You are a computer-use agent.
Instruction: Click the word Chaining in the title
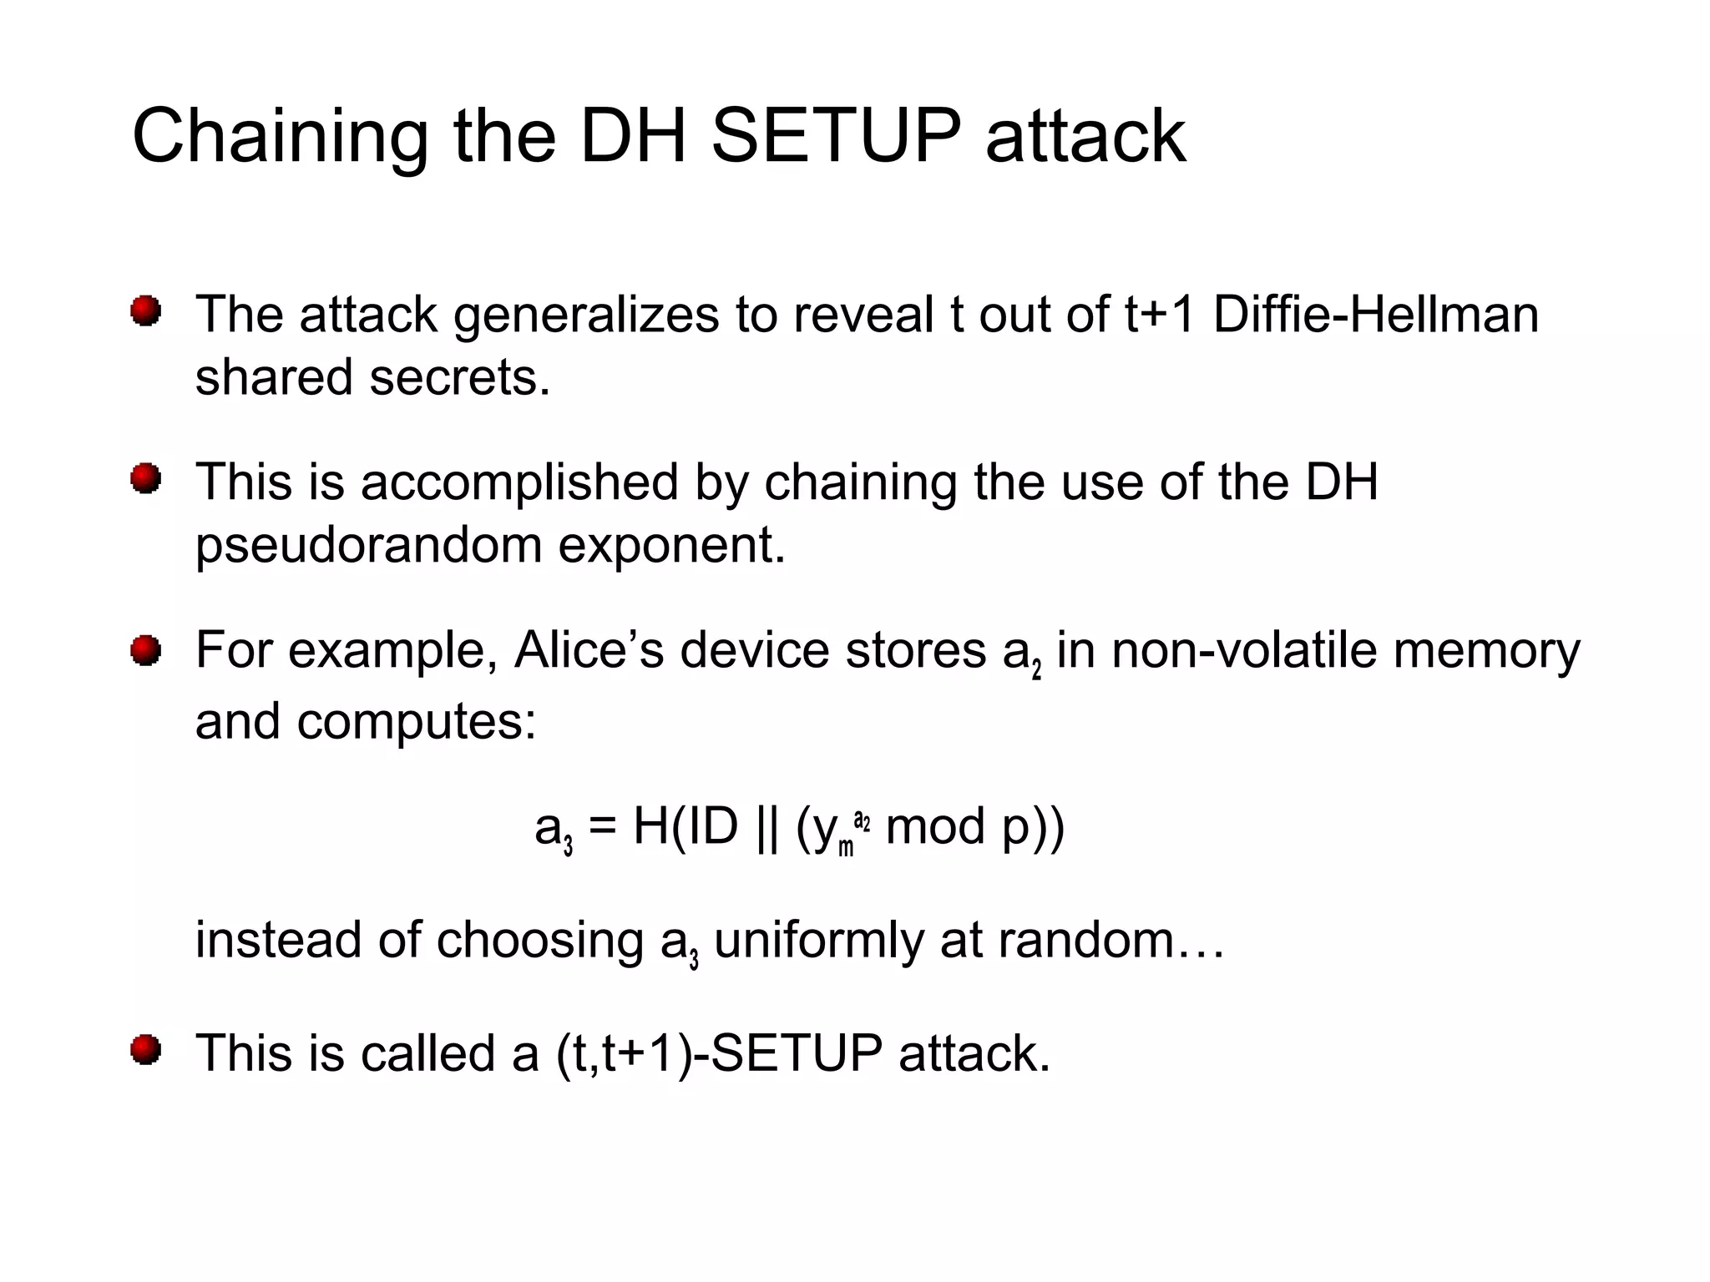(x=280, y=138)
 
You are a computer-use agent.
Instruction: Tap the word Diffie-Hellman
(x=1375, y=315)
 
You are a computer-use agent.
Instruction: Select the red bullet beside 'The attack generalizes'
(x=146, y=311)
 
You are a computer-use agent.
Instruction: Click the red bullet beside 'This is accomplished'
(x=146, y=479)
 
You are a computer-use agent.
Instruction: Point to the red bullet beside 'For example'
(x=146, y=649)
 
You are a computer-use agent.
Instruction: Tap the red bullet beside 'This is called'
(x=146, y=1050)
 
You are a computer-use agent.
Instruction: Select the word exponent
(x=671, y=547)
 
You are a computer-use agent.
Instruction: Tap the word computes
(x=416, y=721)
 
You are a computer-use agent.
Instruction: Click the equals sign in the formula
(x=602, y=827)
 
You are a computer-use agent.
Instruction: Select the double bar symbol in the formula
(x=766, y=827)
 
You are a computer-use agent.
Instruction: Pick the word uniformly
(x=818, y=941)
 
